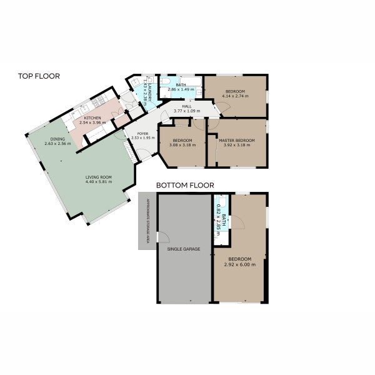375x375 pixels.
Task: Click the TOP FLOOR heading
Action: pyautogui.click(x=39, y=76)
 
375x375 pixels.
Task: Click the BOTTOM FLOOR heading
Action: pyautogui.click(x=185, y=185)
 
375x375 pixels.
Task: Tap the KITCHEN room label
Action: pyautogui.click(x=93, y=118)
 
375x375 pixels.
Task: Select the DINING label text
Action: pyautogui.click(x=57, y=139)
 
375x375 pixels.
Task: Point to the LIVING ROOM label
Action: pyautogui.click(x=99, y=177)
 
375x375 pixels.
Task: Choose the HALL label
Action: pyautogui.click(x=186, y=106)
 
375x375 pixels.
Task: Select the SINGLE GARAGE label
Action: pyautogui.click(x=183, y=249)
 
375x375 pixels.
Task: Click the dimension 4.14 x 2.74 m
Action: pyautogui.click(x=237, y=96)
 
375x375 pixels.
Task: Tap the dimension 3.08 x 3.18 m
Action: pyautogui.click(x=182, y=145)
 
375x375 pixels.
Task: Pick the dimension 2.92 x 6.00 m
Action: pyautogui.click(x=239, y=264)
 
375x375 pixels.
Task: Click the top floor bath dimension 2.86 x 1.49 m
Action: pyautogui.click(x=181, y=89)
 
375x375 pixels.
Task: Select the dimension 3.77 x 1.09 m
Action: pyautogui.click(x=186, y=111)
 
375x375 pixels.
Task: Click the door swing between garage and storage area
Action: pyautogui.click(x=164, y=236)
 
